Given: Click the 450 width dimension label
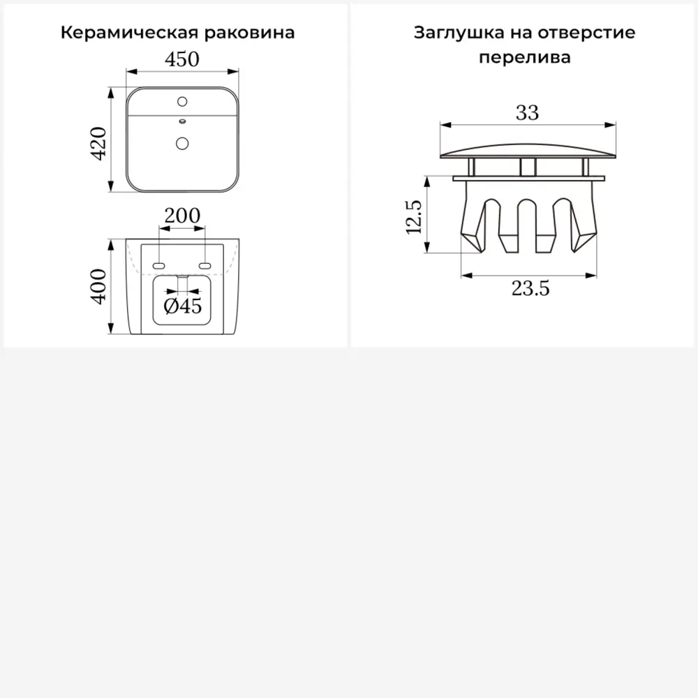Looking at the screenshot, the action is pyautogui.click(x=182, y=59).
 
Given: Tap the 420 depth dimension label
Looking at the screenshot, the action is pyautogui.click(x=98, y=143).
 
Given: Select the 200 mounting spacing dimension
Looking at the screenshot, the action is pyautogui.click(x=182, y=216).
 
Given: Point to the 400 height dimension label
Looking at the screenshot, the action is pyautogui.click(x=98, y=287).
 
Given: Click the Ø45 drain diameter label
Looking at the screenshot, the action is pyautogui.click(x=182, y=306).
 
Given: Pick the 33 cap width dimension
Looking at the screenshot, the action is pyautogui.click(x=528, y=112).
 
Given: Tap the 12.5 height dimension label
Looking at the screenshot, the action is pyautogui.click(x=413, y=217).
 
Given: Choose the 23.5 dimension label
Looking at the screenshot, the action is pyautogui.click(x=530, y=288).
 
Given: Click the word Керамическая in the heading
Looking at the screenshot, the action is pyautogui.click(x=129, y=33).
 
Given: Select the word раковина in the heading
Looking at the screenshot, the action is pyautogui.click(x=250, y=33).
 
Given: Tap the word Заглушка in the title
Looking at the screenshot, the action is pyautogui.click(x=459, y=33).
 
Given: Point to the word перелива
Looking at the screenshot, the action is pyautogui.click(x=525, y=58).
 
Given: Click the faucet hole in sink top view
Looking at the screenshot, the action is pyautogui.click(x=182, y=101).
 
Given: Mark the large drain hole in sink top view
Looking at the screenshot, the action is pyautogui.click(x=182, y=143).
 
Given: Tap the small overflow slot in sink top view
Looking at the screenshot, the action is pyautogui.click(x=182, y=121).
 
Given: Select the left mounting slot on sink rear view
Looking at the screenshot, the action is pyautogui.click(x=158, y=266).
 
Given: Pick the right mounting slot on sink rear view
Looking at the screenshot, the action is pyautogui.click(x=205, y=266).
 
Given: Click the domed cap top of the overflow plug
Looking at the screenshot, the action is pyautogui.click(x=528, y=151).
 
